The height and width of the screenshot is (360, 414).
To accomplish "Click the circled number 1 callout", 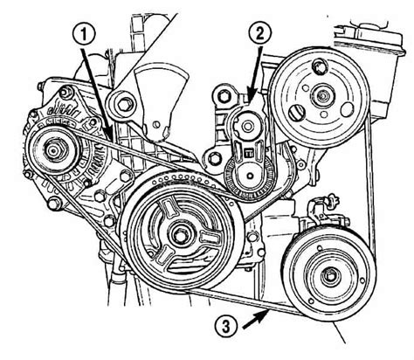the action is click(x=83, y=35).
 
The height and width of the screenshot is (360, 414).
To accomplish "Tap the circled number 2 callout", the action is click(x=259, y=33).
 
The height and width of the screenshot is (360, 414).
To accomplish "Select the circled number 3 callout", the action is click(x=226, y=327).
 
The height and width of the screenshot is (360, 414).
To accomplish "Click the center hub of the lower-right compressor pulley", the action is click(x=330, y=275).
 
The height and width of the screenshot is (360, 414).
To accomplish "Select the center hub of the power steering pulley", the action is click(x=322, y=95).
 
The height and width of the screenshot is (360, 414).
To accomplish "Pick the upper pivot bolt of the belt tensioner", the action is click(x=248, y=127).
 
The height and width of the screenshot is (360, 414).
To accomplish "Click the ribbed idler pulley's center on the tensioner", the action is click(x=250, y=176).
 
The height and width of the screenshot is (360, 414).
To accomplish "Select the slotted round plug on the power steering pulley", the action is click(x=297, y=113).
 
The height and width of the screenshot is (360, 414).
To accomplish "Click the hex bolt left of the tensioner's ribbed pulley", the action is click(x=214, y=158).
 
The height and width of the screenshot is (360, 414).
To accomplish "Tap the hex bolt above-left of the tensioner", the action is click(x=224, y=95).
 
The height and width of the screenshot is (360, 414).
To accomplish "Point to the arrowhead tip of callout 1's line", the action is click(x=112, y=141).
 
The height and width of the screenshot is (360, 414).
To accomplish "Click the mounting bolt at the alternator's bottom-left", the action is click(x=54, y=204).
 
